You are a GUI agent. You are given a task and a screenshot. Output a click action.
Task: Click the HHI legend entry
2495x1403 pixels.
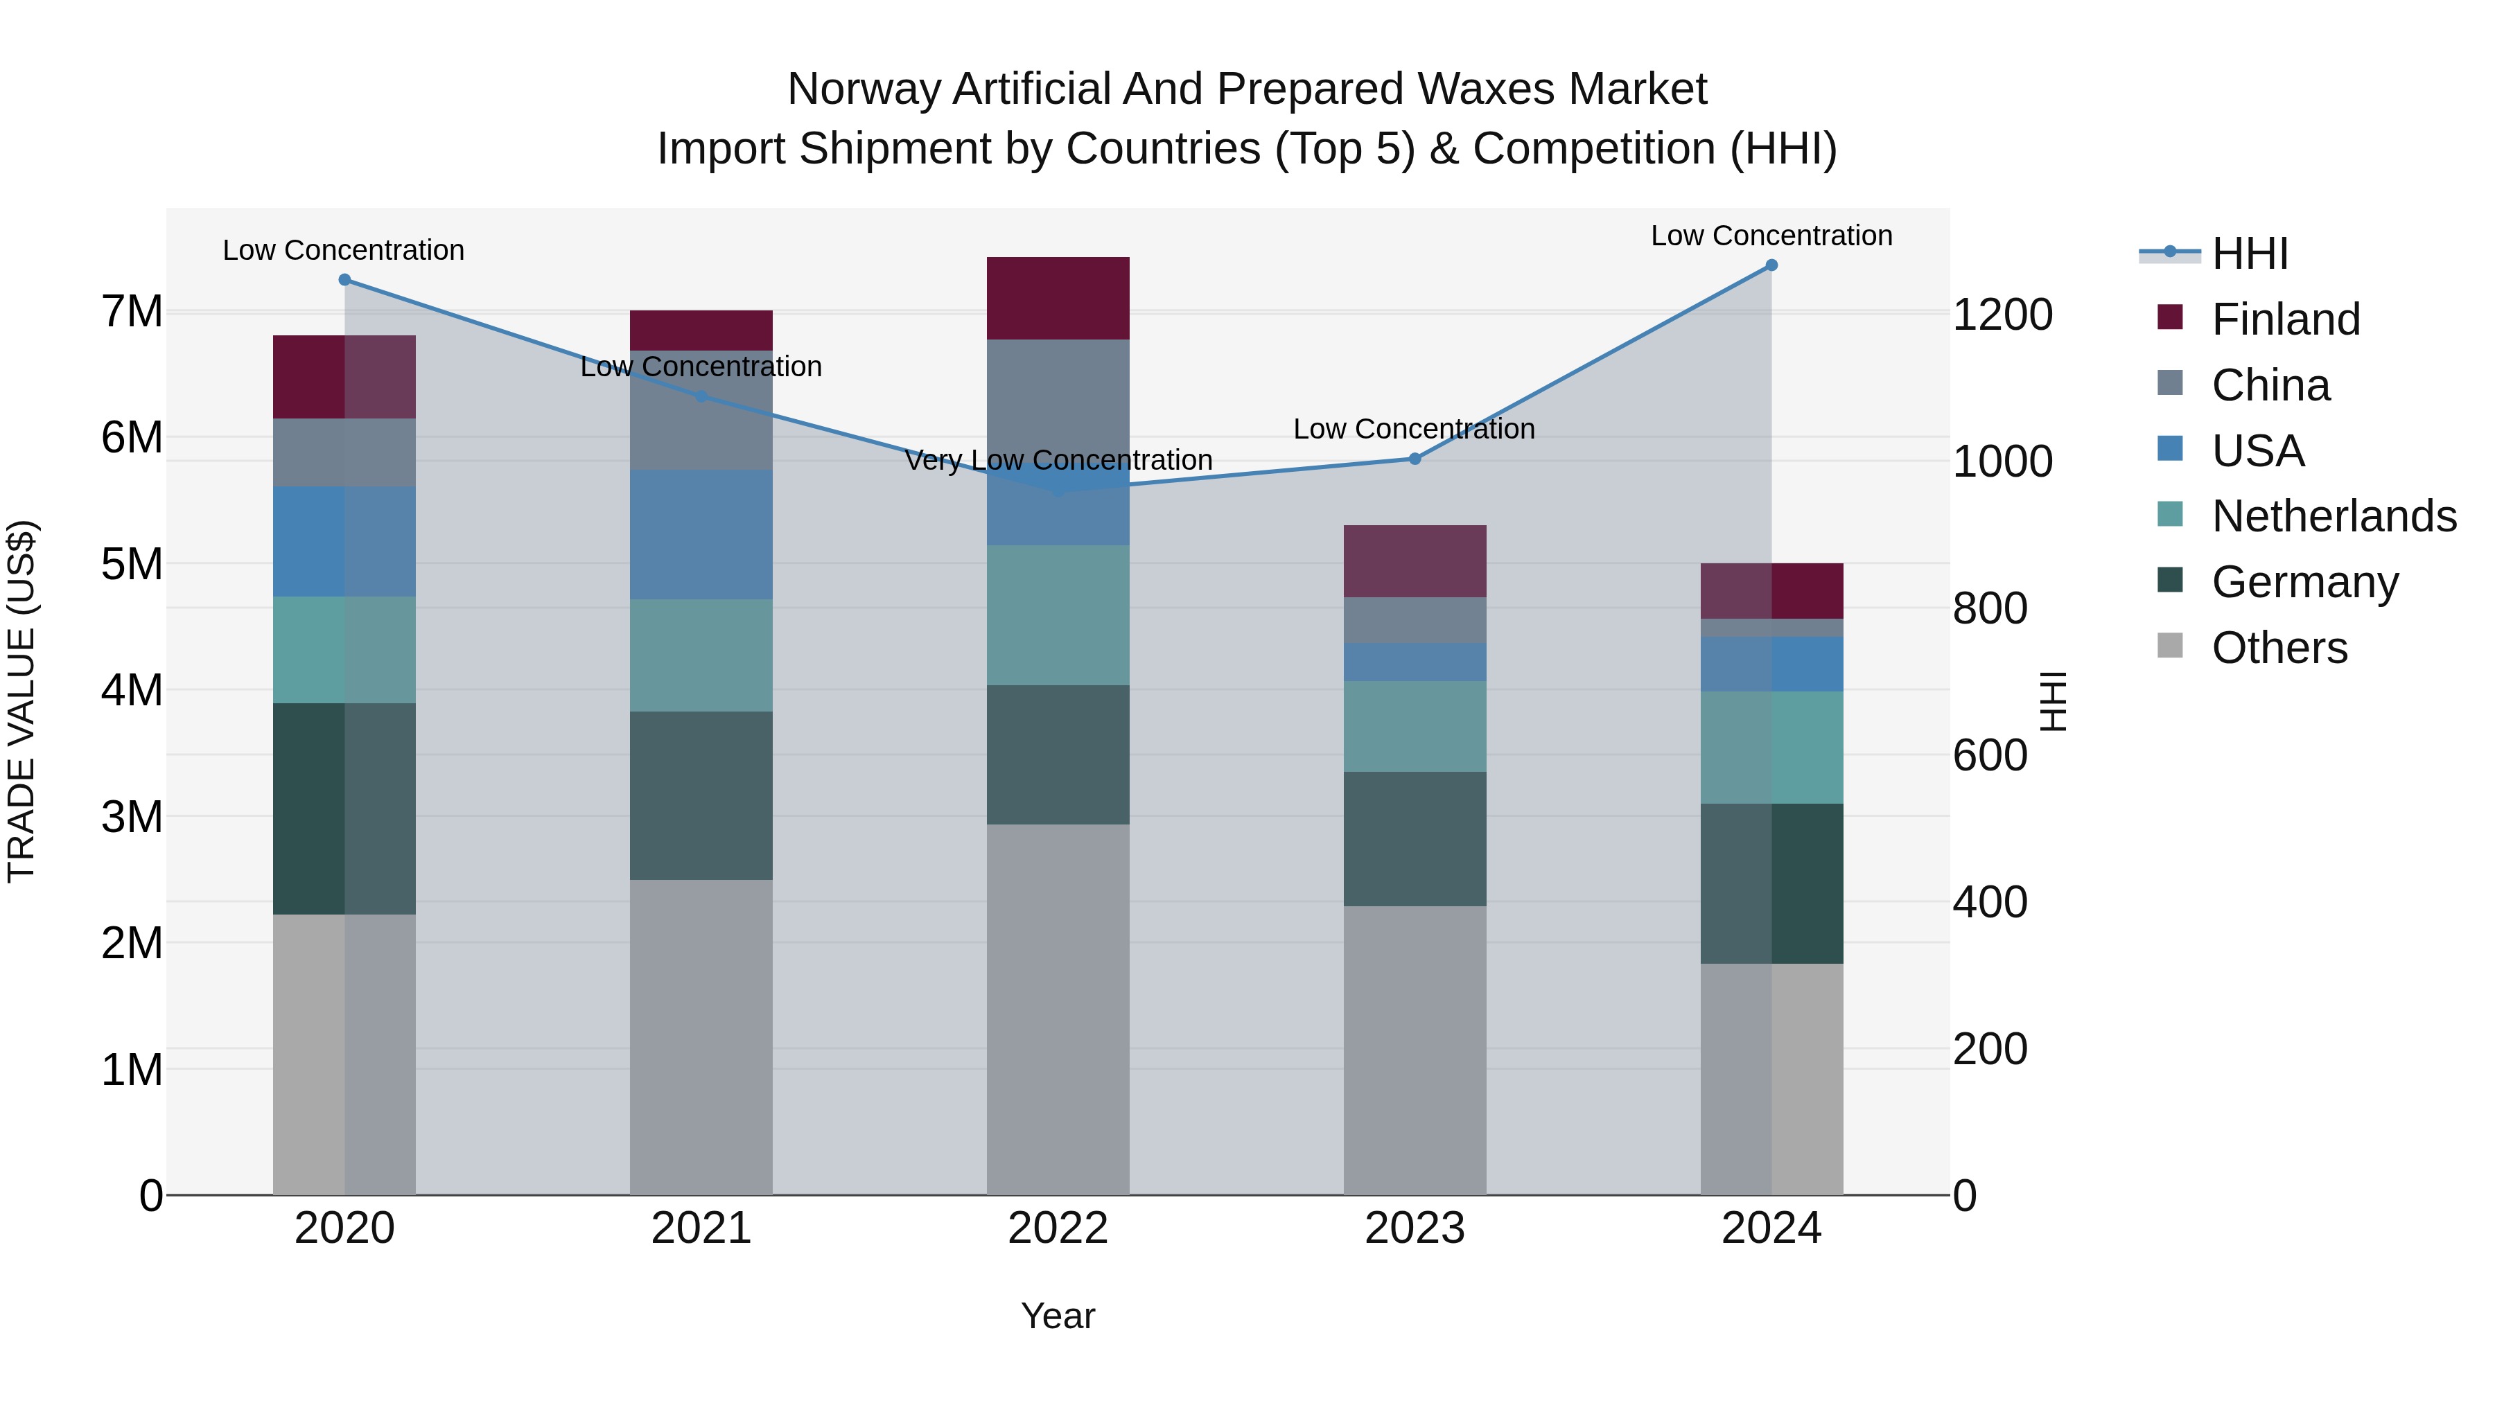click(2249, 254)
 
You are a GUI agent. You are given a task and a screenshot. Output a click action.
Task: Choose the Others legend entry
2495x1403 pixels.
click(2279, 648)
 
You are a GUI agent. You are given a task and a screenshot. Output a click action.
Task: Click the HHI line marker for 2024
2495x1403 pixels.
click(1771, 265)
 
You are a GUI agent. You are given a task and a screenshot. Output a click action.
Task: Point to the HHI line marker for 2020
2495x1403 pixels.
click(345, 280)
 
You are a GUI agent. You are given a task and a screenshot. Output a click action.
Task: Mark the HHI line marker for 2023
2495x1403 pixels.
click(1414, 459)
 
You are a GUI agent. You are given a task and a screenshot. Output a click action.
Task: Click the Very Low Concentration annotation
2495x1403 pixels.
click(1058, 460)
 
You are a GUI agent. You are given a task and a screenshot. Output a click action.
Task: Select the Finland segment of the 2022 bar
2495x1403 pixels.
click(1058, 298)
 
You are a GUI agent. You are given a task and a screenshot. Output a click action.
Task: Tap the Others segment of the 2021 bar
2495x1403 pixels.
click(701, 1036)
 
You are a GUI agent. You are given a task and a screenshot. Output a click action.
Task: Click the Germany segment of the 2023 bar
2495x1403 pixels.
click(1414, 838)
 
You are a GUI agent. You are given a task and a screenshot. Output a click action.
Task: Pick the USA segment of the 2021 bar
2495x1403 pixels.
click(701, 534)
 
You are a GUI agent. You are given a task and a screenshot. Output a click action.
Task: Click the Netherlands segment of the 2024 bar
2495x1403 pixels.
click(1771, 748)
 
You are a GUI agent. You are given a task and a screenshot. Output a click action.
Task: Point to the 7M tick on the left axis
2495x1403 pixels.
click(132, 312)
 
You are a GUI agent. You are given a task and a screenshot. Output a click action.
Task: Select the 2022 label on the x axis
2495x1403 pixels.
click(1058, 1228)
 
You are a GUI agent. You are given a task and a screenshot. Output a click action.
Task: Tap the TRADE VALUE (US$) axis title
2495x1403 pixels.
click(21, 701)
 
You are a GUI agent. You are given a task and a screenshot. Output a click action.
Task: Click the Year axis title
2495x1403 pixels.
click(1058, 1316)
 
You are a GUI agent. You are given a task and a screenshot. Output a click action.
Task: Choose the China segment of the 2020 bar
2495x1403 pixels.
click(345, 452)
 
